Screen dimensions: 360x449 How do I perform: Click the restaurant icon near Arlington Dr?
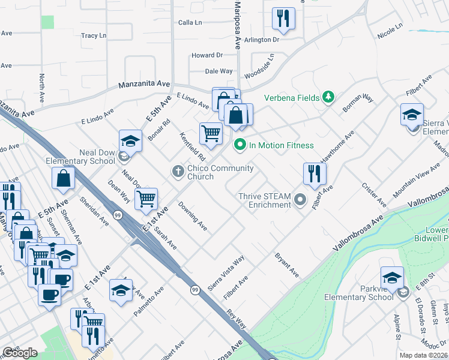click(x=283, y=19)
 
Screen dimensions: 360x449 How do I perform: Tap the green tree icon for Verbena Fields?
click(x=328, y=97)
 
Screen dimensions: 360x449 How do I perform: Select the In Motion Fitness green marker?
click(x=240, y=145)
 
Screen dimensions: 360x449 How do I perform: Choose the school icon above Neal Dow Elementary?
click(x=130, y=141)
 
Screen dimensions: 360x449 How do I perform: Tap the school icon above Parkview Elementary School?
click(x=392, y=277)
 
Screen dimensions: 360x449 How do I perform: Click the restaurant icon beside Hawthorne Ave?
click(x=315, y=174)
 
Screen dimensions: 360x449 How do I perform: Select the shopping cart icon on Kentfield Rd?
click(x=211, y=133)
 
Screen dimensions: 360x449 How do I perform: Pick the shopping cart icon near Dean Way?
click(x=146, y=199)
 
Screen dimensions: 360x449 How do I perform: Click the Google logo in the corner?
click(x=20, y=353)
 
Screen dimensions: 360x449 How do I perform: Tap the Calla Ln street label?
click(x=190, y=22)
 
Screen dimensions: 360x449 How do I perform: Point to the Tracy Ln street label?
click(x=94, y=35)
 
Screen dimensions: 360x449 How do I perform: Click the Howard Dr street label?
click(x=207, y=55)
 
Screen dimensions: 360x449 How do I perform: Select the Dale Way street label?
click(x=218, y=71)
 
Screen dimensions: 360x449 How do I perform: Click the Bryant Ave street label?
click(x=287, y=265)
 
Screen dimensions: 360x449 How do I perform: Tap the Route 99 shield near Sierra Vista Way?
click(x=195, y=290)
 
